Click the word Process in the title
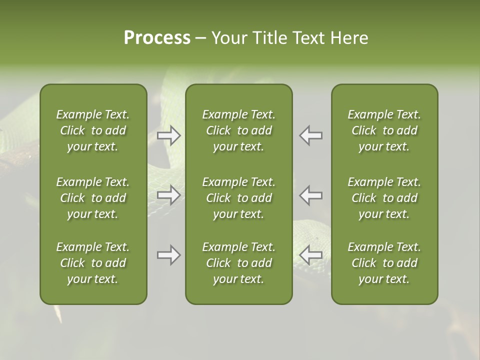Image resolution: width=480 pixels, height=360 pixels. (157, 38)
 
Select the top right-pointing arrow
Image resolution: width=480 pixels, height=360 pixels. (168, 135)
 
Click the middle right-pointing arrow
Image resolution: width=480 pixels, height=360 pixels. (168, 195)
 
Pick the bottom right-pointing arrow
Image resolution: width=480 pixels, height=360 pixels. (168, 255)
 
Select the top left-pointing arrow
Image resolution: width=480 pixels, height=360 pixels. (311, 135)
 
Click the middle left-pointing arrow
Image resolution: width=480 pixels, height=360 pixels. (311, 195)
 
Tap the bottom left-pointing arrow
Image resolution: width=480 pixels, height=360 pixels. (311, 255)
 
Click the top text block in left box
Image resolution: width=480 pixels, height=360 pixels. (93, 130)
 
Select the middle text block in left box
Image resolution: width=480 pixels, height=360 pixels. (93, 198)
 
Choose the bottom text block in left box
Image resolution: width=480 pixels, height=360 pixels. (93, 263)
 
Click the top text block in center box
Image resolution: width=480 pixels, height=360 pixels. (239, 130)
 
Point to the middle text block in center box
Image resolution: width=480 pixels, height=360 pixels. (239, 198)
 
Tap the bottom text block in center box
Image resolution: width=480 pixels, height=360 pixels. (239, 263)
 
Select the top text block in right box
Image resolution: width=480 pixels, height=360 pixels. (384, 130)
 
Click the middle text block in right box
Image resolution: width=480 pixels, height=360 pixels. (384, 198)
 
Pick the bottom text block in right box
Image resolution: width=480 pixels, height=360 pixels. (384, 263)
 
